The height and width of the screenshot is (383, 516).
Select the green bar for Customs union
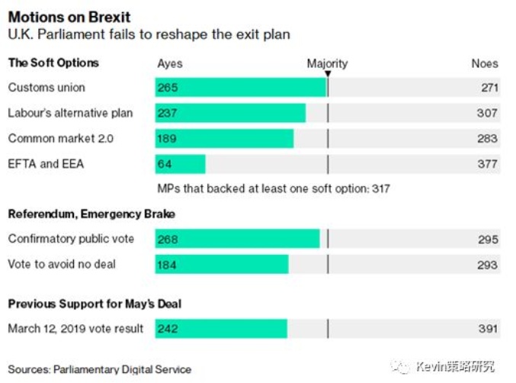[x=240, y=88]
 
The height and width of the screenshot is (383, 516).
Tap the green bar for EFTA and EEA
[x=181, y=164]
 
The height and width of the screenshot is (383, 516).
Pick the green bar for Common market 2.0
[x=224, y=139]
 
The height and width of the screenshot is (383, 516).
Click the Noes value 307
[x=489, y=114]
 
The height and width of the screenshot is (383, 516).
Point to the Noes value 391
[x=489, y=329]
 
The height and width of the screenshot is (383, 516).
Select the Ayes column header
[x=170, y=64]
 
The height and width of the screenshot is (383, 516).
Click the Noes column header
[x=484, y=64]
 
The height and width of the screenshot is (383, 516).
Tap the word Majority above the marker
[x=327, y=63]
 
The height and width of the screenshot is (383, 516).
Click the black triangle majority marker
[x=328, y=74]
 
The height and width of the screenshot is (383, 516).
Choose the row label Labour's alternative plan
[x=70, y=114]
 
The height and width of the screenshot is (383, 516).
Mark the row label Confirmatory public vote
[x=71, y=240]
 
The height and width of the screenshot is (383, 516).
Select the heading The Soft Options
[x=53, y=63]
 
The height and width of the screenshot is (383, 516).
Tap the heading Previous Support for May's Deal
[x=95, y=304]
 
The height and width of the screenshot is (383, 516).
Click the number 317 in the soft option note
[x=380, y=188]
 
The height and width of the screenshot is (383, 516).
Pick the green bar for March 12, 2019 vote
[x=221, y=329]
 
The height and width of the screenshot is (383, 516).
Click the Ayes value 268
[x=168, y=240]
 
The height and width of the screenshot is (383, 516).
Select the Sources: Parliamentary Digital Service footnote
[x=100, y=370]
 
